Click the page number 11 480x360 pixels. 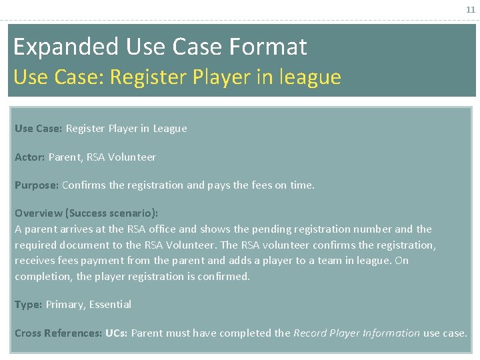471,10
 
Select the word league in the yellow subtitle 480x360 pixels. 311,77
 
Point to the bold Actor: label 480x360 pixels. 30,157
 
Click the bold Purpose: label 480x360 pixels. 37,185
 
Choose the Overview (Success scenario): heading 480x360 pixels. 87,213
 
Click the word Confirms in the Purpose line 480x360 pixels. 83,185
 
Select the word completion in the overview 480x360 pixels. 43,276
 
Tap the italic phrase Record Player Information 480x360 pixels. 357,333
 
